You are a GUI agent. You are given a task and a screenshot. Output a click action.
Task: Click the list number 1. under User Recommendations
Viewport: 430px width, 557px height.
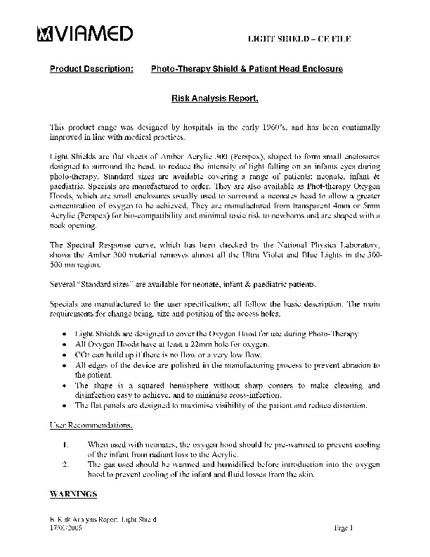click(x=66, y=445)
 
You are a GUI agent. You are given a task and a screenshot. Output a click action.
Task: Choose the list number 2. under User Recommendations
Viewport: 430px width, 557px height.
click(x=66, y=465)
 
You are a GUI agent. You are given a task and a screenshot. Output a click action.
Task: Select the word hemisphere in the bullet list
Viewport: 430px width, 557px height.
click(x=176, y=386)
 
